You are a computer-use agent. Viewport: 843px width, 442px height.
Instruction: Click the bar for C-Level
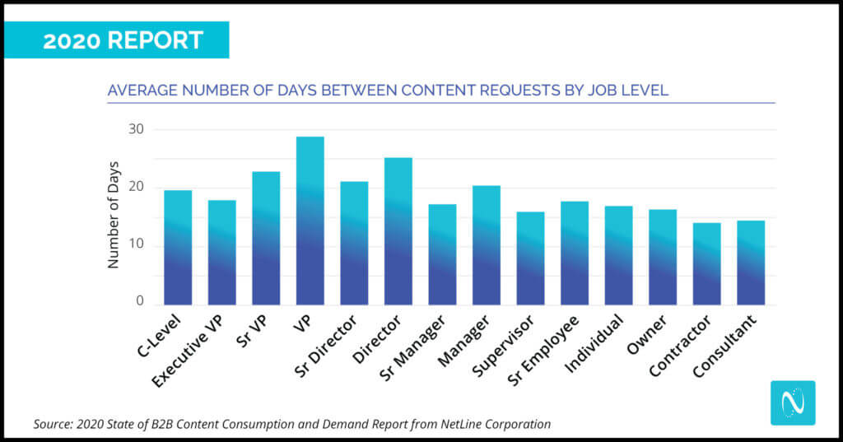pos(178,248)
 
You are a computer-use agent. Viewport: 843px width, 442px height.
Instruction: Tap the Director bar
pos(398,231)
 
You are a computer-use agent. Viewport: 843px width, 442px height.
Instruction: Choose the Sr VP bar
pos(266,238)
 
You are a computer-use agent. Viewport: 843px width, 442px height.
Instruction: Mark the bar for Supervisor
pos(530,258)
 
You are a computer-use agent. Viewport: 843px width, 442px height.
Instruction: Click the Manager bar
pos(486,245)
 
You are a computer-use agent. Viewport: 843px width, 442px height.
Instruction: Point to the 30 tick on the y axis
pos(136,129)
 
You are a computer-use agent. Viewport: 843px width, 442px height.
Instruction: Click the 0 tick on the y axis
pos(140,302)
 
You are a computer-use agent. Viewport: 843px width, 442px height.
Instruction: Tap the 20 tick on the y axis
pos(136,187)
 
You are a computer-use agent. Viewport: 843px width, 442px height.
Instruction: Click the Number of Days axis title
pos(114,215)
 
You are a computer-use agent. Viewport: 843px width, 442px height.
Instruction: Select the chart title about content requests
pos(388,90)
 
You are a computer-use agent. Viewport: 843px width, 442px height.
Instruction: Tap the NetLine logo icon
pos(792,402)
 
